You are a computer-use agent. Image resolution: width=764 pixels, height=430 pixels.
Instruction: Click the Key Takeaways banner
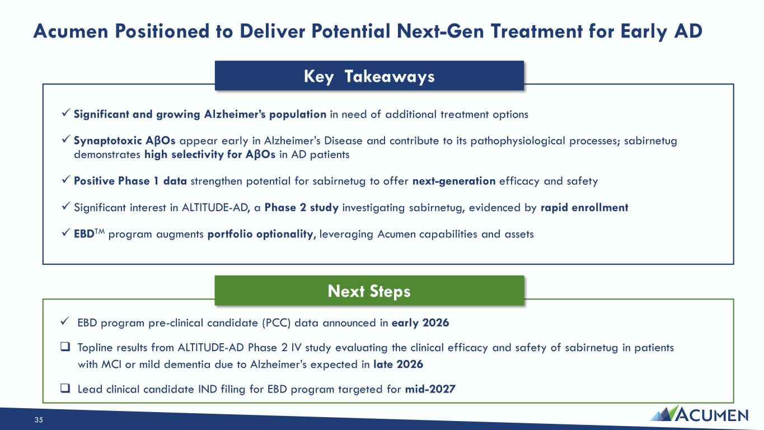coord(369,76)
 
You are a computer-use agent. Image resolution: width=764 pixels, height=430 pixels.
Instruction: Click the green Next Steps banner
coord(369,291)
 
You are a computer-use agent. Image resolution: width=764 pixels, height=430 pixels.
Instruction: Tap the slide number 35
coord(39,420)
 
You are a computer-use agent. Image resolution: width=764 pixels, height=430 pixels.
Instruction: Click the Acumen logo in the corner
coord(699,414)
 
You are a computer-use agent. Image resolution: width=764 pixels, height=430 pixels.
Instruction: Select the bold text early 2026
coord(420,322)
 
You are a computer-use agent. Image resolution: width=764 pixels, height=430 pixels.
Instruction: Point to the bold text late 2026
coord(398,364)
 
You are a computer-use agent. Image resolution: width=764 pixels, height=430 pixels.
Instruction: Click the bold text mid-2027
coord(430,389)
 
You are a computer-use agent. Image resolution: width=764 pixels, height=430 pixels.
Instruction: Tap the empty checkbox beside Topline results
coord(65,347)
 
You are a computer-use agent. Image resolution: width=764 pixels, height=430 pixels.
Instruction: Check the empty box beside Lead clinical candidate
coord(65,388)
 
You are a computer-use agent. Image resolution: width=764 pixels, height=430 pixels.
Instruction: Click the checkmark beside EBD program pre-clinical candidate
coord(65,321)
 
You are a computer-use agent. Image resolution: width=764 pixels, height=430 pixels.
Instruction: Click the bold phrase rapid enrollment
coord(584,208)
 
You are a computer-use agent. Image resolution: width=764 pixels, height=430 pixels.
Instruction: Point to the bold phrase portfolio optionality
coord(261,234)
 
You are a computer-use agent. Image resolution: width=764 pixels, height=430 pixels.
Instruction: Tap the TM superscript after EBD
coord(100,232)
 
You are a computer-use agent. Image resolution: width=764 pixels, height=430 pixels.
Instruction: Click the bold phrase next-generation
coord(454,181)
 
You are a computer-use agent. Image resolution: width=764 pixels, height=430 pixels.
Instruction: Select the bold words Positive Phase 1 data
coord(130,181)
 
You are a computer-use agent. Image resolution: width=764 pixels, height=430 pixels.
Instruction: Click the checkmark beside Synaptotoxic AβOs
coord(66,139)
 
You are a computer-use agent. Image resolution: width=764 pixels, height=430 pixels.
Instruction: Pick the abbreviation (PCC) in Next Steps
coord(276,323)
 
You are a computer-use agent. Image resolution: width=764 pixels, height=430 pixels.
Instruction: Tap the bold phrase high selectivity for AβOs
coord(210,155)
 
